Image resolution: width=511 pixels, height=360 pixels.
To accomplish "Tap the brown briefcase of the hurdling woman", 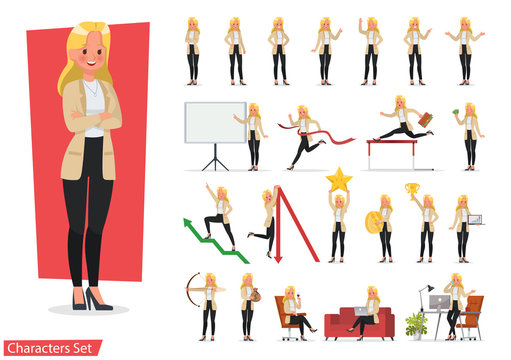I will [x=424, y=118].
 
